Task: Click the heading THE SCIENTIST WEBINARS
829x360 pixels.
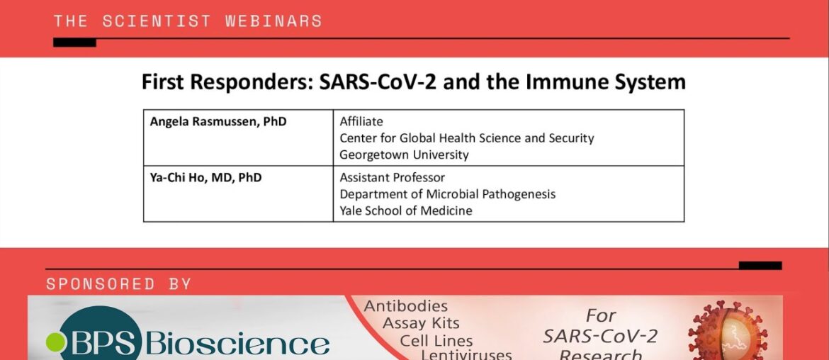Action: click(x=188, y=21)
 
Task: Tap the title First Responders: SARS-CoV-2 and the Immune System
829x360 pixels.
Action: click(x=414, y=82)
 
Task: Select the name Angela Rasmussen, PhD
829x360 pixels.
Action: click(x=218, y=122)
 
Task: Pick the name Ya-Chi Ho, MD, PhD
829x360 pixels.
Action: click(x=205, y=178)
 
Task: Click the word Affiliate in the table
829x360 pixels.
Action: click(x=361, y=122)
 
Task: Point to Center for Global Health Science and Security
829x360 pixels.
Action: click(x=467, y=138)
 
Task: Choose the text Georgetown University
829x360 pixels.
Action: click(x=404, y=155)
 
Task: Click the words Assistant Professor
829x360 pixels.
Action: click(x=393, y=178)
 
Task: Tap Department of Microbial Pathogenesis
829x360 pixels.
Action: click(x=447, y=195)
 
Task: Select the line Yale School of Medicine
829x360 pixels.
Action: click(x=405, y=211)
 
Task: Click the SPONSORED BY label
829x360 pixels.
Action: click(x=118, y=284)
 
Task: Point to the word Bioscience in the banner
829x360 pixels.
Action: click(x=237, y=344)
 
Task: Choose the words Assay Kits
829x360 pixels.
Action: click(x=421, y=323)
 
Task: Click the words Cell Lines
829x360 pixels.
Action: click(x=436, y=341)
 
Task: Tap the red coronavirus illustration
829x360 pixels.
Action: click(x=728, y=331)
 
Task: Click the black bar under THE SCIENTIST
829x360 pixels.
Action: click(x=74, y=43)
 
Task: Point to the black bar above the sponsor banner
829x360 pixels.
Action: click(x=760, y=265)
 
